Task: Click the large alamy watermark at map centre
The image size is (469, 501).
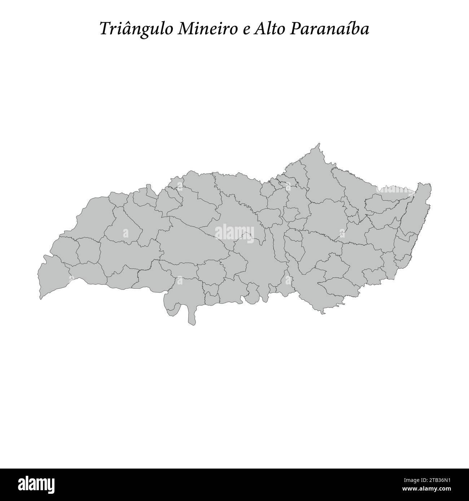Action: (234, 232)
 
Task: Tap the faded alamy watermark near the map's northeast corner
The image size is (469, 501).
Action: (396, 189)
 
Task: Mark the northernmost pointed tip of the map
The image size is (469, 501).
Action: (319, 144)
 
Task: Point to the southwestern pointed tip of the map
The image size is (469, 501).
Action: (40, 298)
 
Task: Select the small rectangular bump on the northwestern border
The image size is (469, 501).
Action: (148, 187)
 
